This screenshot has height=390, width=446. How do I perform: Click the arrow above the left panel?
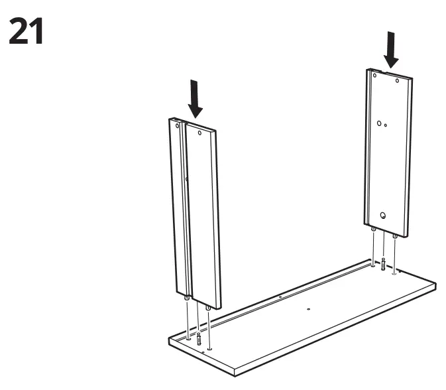click(x=195, y=97)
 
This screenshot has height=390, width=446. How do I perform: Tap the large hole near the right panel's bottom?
click(x=383, y=215)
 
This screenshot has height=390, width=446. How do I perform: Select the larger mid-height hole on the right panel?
click(x=379, y=123)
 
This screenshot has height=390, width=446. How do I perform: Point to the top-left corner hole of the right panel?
click(x=374, y=76)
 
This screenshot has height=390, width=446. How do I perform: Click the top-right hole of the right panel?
click(x=398, y=81)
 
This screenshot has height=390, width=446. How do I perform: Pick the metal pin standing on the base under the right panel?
click(x=383, y=263)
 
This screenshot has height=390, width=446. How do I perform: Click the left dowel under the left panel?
click(x=188, y=299)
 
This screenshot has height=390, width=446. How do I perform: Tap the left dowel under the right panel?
click(x=374, y=229)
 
